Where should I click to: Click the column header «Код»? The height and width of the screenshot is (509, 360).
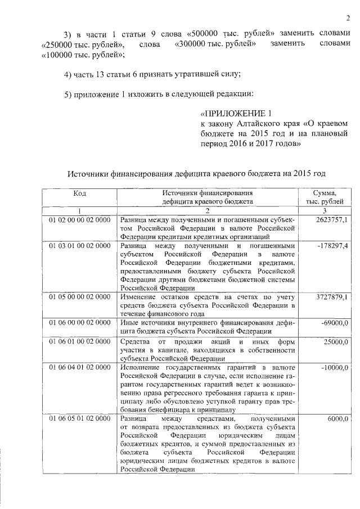pyautogui.click(x=79, y=193)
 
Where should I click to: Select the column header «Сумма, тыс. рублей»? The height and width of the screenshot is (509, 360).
pyautogui.click(x=326, y=197)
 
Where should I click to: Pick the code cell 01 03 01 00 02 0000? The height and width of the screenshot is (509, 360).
pyautogui.click(x=79, y=246)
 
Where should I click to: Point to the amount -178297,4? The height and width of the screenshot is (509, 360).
pyautogui.click(x=332, y=246)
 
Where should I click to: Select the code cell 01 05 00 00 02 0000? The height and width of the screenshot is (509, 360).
pyautogui.click(x=79, y=296)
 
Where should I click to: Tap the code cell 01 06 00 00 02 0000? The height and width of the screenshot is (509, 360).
pyautogui.click(x=79, y=323)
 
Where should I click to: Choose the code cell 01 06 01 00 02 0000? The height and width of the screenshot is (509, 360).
pyautogui.click(x=79, y=341)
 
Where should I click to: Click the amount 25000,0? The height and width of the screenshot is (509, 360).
pyautogui.click(x=336, y=341)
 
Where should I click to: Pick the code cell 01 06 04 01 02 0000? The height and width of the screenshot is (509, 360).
pyautogui.click(x=79, y=367)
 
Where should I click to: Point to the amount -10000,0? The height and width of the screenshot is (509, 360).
pyautogui.click(x=334, y=367)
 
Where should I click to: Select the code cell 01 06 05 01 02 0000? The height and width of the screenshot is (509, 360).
pyautogui.click(x=79, y=419)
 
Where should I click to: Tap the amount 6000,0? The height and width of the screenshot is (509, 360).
pyautogui.click(x=337, y=419)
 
